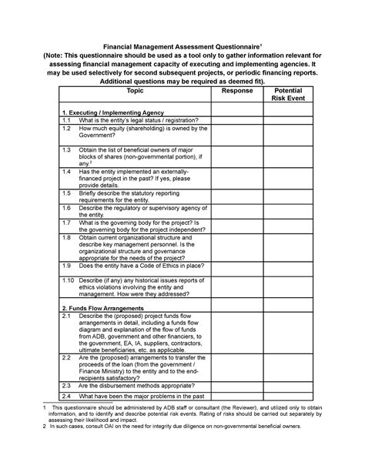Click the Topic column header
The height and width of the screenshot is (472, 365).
tap(136, 91)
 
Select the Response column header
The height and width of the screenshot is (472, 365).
tap(237, 91)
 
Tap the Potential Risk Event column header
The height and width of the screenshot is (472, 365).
tap(288, 95)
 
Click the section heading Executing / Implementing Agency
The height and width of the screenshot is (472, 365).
tap(112, 112)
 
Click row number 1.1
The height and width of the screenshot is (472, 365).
tap(67, 120)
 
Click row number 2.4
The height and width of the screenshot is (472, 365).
tap(67, 396)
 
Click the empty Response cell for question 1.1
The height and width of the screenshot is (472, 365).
tap(237, 120)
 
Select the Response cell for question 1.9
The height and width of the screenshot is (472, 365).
tap(237, 264)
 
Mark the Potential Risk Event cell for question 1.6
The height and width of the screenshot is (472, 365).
tap(288, 211)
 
